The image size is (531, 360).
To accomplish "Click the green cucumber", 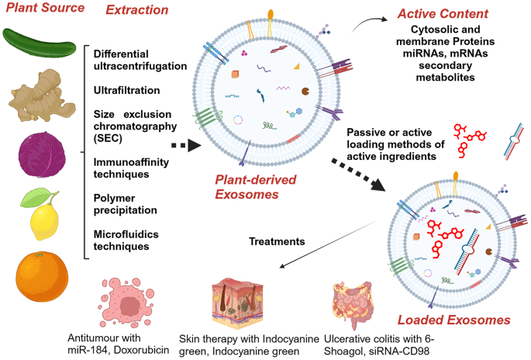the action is (39, 43).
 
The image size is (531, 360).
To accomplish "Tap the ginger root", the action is (42, 96).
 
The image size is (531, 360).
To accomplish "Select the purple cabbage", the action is (41, 154).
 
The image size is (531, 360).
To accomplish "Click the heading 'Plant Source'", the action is (45, 8).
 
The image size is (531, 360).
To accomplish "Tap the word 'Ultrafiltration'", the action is (126, 90).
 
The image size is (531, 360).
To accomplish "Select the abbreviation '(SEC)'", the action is (108, 138).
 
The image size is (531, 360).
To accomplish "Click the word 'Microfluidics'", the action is (126, 234).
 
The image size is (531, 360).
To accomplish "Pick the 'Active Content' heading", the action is (443, 13).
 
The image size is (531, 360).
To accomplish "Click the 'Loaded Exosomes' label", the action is (453, 320).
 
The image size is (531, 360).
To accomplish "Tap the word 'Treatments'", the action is (277, 241).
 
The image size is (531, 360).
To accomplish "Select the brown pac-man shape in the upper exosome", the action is (305, 91).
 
